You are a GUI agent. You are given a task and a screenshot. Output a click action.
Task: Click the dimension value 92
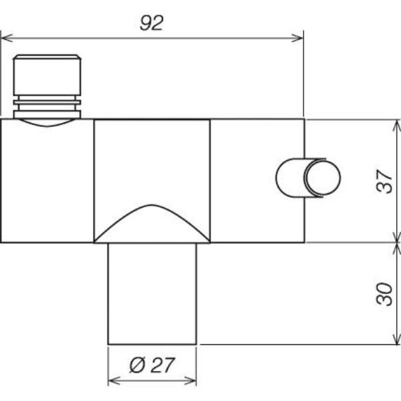[x=151, y=23]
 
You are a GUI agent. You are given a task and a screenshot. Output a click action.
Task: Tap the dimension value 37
[x=384, y=181]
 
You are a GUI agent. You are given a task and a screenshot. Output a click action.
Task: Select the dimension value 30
[x=384, y=294]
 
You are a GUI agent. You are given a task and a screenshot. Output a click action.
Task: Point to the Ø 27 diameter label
[x=152, y=365]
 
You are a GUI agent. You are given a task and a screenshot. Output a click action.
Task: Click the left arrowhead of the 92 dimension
[x=7, y=38]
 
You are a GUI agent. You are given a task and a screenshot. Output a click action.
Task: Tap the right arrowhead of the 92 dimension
[x=297, y=38]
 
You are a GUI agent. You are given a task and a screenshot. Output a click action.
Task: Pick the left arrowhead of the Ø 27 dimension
[x=114, y=380]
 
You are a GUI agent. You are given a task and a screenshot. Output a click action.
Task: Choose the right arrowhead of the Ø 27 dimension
[x=190, y=380]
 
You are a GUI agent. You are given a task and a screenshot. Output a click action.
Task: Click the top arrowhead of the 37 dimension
[x=397, y=126]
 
